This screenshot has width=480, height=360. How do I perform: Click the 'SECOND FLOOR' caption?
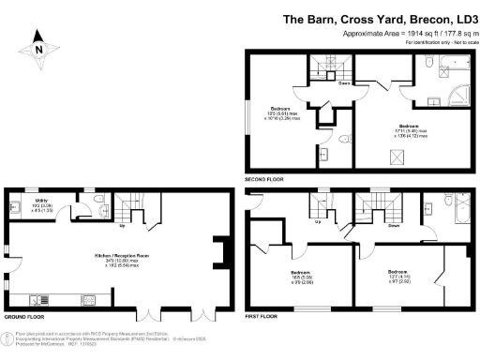click(263, 178)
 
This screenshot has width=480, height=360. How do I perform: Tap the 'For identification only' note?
click(441, 43)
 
